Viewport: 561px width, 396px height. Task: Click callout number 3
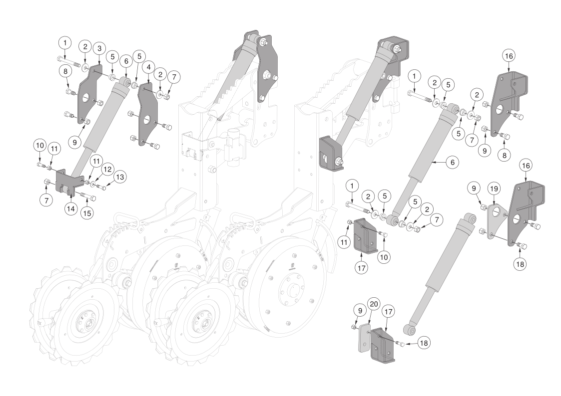coord(99,48)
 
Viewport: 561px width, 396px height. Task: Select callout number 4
coord(148,67)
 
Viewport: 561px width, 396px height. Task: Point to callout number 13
coord(120,177)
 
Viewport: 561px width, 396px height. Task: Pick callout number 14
coord(71,208)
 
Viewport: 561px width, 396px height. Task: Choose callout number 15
coord(87,213)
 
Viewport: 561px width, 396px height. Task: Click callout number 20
coord(374,304)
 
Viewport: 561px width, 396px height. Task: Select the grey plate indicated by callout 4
coord(148,114)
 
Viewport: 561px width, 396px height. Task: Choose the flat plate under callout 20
coord(364,338)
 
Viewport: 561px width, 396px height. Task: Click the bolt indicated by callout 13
coord(102,187)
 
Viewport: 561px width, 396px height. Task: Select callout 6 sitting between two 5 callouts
coord(126,61)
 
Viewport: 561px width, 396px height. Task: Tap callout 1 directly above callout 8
coord(65,43)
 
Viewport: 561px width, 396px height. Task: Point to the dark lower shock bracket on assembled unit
coord(330,153)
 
